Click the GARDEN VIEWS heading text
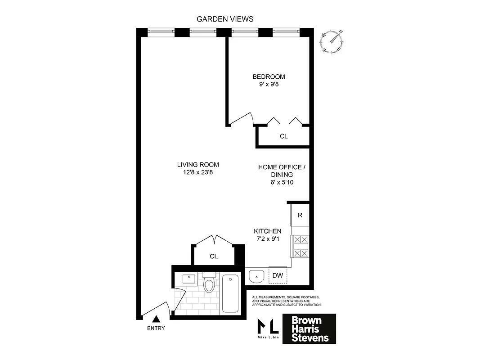(x=225, y=19)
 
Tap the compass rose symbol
(x=332, y=42)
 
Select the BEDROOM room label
(x=269, y=76)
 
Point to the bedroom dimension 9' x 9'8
(x=269, y=84)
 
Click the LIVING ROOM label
(x=198, y=165)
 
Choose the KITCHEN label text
(x=268, y=231)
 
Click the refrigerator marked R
(x=300, y=215)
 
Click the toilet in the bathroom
(x=209, y=283)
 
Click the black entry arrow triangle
(x=156, y=319)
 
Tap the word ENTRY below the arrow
(x=156, y=328)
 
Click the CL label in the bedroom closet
(x=283, y=136)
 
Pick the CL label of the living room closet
(x=214, y=256)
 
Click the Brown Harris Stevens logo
(x=309, y=329)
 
